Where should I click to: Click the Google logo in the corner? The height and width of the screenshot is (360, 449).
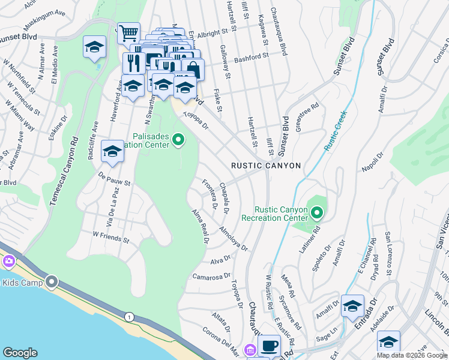tap(20, 353)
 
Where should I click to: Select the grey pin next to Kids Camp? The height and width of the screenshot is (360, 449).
tap(52, 281)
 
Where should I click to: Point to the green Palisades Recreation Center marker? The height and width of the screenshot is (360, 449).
tap(178, 140)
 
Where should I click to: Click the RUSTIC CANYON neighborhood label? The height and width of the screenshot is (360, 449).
tap(266, 166)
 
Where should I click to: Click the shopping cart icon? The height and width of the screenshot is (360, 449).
tap(128, 33)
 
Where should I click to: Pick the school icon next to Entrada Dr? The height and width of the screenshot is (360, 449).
tap(352, 305)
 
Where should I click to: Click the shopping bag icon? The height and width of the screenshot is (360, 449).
tap(193, 69)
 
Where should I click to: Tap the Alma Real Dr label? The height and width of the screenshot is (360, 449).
tap(199, 227)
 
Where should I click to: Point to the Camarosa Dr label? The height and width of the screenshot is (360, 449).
tap(211, 277)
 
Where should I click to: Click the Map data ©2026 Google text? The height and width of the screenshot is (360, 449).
tap(412, 355)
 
